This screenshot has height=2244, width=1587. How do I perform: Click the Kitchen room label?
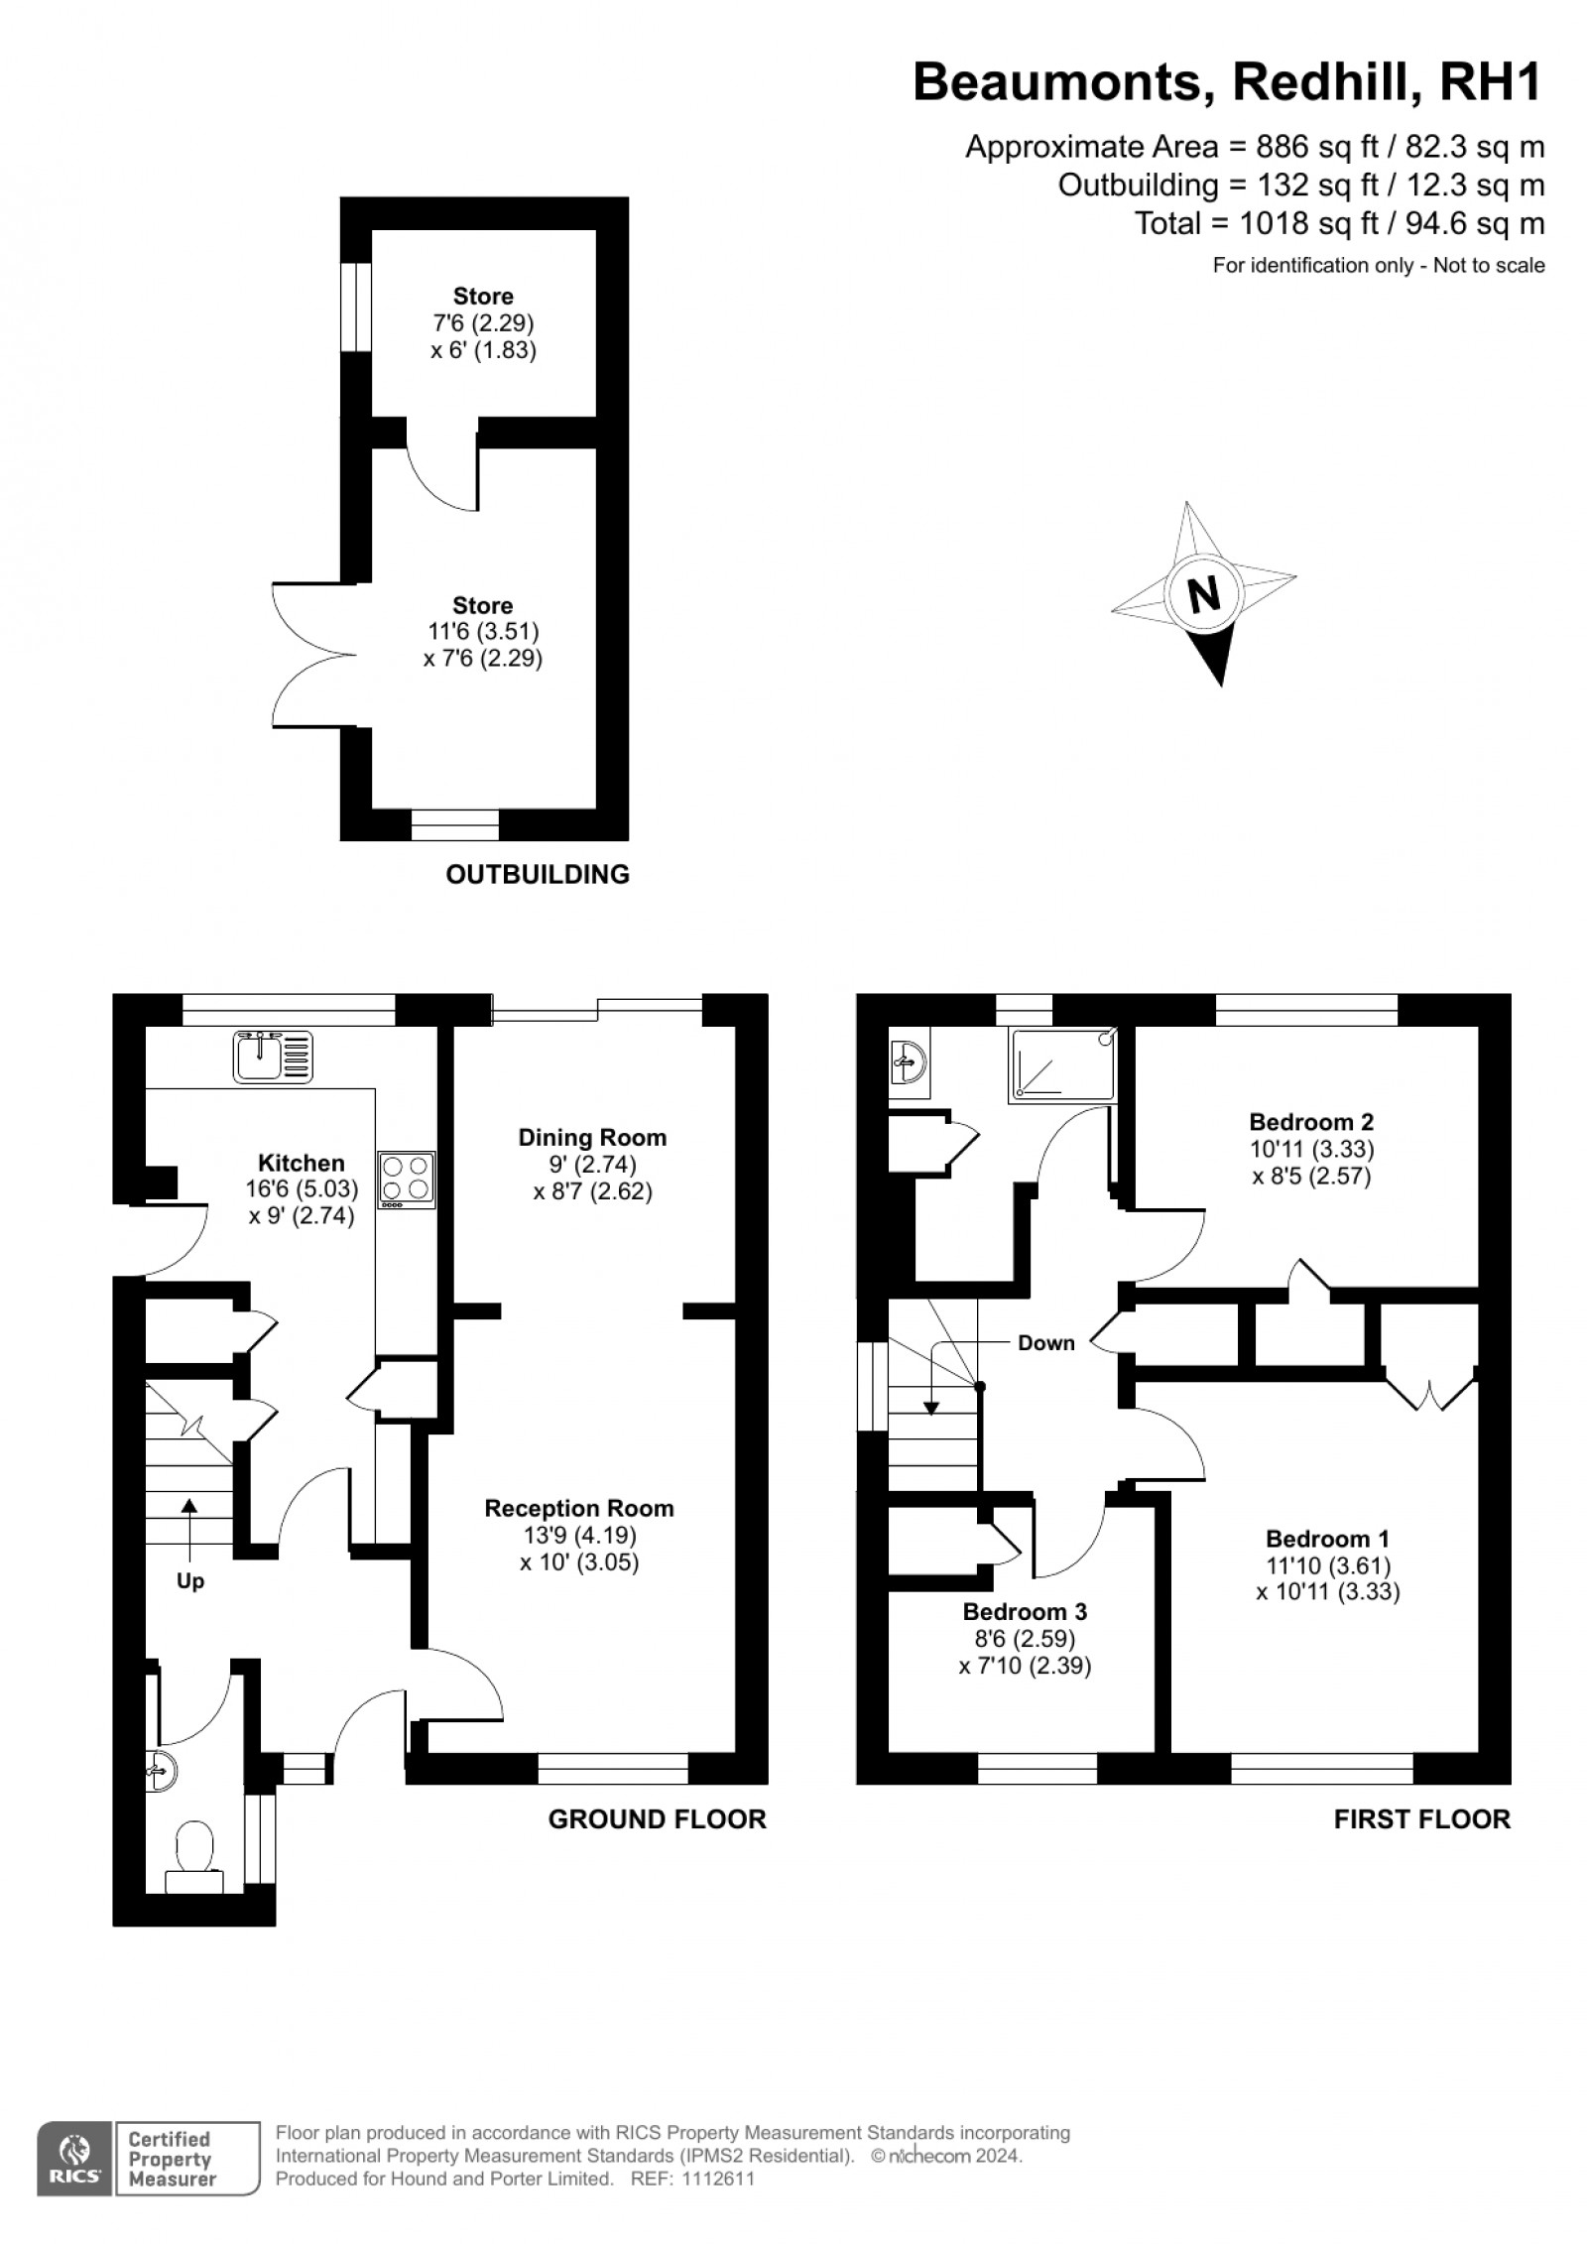point(302,1163)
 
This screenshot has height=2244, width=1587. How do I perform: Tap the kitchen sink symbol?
point(273,1056)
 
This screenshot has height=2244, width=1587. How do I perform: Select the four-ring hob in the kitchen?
point(407,1179)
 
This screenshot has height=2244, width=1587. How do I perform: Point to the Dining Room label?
point(592,1137)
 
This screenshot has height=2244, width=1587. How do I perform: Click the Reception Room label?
point(579,1508)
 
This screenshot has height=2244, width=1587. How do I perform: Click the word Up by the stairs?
point(189,1580)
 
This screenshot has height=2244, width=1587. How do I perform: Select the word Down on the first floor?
point(1046,1343)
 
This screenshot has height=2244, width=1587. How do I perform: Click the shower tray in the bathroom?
point(1062,1064)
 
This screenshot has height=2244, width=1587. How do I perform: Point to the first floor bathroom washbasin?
point(908,1064)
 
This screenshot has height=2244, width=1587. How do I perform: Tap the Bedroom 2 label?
point(1311,1122)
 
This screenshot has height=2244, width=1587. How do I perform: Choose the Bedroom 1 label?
point(1327,1539)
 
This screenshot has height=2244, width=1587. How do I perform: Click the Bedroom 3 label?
point(1025,1611)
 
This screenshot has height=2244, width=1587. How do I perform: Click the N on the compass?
point(1204,595)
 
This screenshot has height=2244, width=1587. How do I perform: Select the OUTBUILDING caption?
point(538,874)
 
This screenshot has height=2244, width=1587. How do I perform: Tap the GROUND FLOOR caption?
point(658,1818)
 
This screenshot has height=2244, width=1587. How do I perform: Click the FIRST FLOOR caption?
point(1422,1818)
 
